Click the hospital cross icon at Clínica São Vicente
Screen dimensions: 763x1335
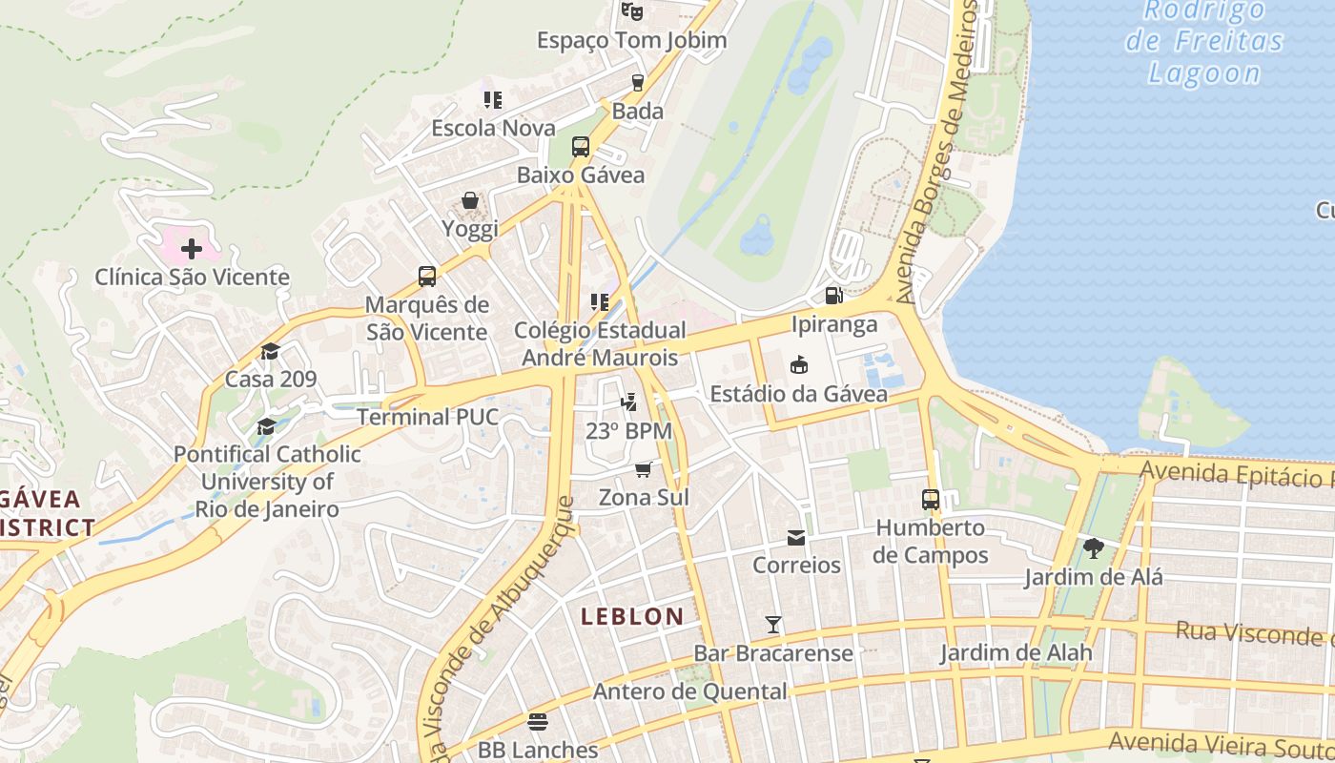coord(192,249)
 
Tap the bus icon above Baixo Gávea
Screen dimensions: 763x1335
coord(581,147)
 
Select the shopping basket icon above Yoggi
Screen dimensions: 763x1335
coord(470,200)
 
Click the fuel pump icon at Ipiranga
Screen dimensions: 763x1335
coord(833,296)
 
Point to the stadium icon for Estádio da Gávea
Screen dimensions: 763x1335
coord(799,365)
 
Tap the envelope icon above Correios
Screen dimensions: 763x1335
coord(796,538)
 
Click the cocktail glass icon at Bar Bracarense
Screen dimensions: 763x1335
coord(773,625)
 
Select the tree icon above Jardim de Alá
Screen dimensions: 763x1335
coord(1093,548)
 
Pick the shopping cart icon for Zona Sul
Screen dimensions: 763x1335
coord(644,469)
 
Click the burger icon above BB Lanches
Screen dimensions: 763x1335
coord(538,721)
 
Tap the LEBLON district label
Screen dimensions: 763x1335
coord(632,616)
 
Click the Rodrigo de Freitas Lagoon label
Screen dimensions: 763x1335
coord(1204,42)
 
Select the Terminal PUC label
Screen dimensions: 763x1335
coord(427,417)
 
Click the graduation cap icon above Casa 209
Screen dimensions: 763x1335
coord(271,351)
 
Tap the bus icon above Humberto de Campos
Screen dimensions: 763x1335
coord(931,499)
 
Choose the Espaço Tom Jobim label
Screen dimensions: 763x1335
coord(631,40)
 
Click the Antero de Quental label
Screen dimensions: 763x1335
coord(690,691)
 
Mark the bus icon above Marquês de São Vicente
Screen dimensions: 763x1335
coord(427,277)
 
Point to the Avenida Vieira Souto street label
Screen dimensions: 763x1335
coord(1221,743)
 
